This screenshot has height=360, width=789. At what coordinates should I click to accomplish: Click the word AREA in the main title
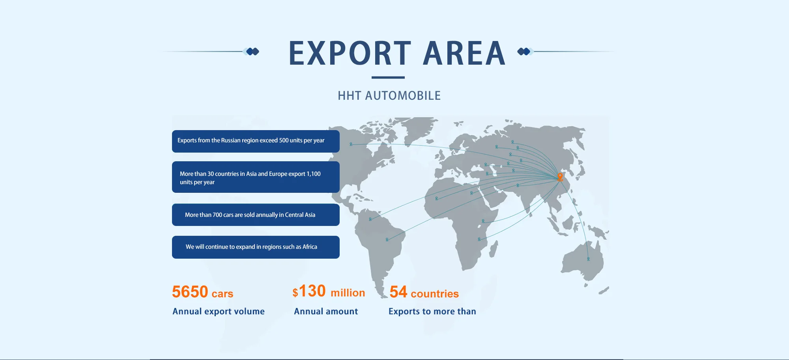click(464, 53)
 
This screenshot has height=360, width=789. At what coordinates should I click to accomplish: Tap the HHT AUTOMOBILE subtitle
click(389, 95)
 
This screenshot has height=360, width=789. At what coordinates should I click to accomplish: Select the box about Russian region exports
click(256, 141)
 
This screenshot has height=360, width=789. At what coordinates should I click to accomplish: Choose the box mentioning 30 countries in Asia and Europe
click(256, 177)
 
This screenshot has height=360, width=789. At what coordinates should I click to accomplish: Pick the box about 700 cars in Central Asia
click(256, 215)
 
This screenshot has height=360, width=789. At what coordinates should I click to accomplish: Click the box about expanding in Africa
click(256, 247)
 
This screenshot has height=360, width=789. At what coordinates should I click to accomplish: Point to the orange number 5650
click(190, 292)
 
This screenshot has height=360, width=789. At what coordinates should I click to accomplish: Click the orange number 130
click(312, 291)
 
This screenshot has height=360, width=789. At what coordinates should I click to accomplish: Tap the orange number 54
click(398, 292)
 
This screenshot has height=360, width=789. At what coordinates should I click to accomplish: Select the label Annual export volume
click(219, 312)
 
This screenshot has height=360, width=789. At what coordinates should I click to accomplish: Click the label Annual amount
click(326, 312)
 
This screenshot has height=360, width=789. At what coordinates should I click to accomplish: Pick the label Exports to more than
click(432, 312)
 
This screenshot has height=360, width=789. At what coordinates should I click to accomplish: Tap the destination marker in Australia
click(588, 259)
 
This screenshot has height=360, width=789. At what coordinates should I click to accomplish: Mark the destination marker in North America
click(351, 144)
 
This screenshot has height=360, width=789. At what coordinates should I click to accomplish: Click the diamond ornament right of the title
click(525, 51)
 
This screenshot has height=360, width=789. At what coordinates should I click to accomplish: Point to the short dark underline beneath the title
click(388, 77)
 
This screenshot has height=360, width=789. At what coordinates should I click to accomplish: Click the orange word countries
click(435, 294)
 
